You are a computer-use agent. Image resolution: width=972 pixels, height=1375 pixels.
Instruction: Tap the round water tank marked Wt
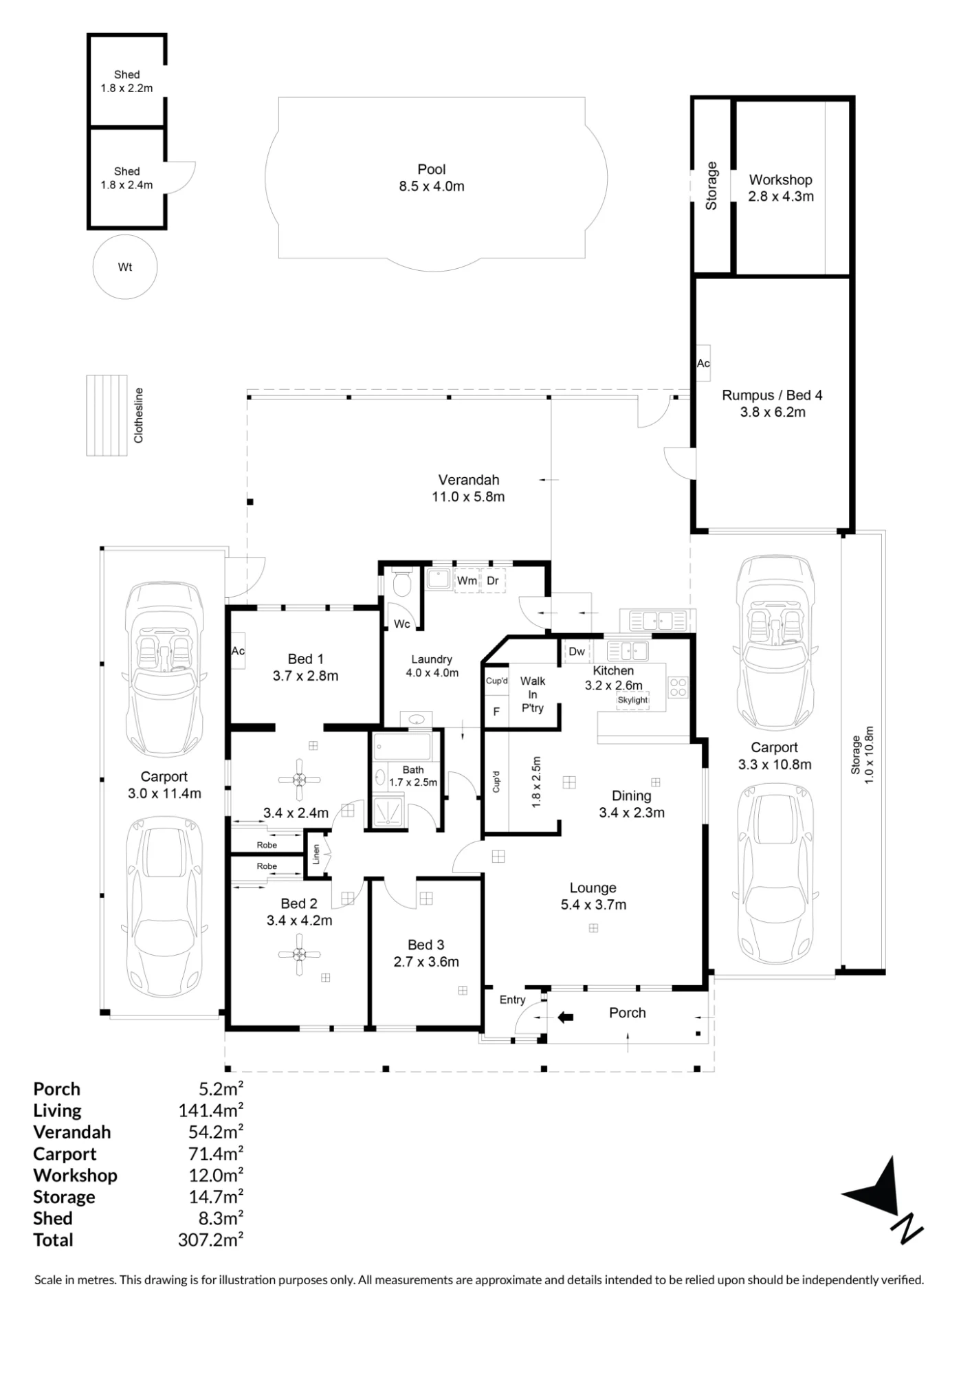125,267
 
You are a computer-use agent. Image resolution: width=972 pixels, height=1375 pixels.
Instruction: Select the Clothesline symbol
107,415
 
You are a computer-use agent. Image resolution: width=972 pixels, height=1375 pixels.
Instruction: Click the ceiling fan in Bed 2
300,954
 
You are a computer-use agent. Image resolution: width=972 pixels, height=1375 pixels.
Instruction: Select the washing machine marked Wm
467,580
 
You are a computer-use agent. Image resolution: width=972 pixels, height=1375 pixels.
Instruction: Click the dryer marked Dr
493,580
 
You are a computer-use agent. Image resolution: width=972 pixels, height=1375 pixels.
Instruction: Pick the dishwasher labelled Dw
577,651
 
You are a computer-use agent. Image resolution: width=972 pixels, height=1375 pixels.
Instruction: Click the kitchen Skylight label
632,700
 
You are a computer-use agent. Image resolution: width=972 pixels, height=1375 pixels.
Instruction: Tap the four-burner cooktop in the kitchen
678,687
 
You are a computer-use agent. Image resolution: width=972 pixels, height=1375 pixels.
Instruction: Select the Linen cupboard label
316,854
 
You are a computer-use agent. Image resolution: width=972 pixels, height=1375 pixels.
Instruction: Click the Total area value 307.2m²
210,1240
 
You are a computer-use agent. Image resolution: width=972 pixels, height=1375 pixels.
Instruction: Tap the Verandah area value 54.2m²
216,1132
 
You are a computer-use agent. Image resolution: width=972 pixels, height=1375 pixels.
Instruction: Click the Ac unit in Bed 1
238,650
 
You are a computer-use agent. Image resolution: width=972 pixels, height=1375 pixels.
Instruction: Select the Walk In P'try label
533,694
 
